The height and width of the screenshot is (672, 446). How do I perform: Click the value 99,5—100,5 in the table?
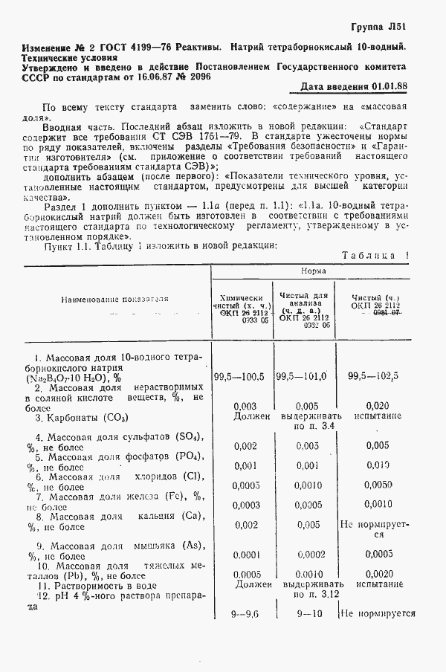(239, 377)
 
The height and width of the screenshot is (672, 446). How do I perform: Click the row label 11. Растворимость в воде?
(94, 585)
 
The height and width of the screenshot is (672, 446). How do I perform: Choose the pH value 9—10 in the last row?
(307, 615)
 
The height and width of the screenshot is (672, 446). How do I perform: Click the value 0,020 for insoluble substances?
(378, 406)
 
